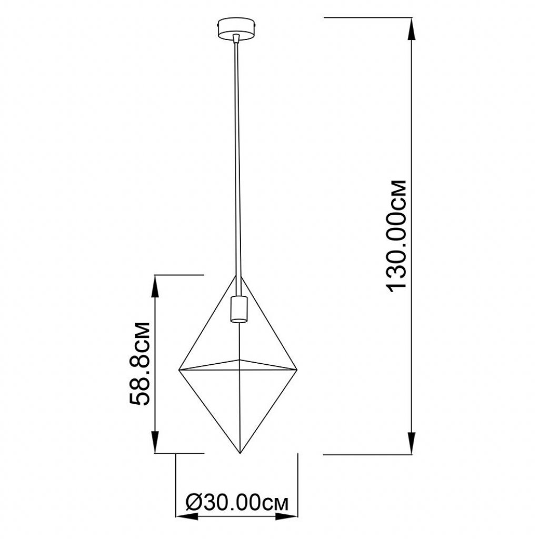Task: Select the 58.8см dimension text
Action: [139, 363]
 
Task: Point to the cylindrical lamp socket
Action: [238, 308]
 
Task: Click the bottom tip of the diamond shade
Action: [239, 453]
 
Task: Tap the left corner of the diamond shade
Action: [179, 370]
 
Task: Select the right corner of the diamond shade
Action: [297, 370]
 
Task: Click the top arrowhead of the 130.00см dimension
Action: [411, 28]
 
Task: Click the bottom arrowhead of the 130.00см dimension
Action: [411, 443]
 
